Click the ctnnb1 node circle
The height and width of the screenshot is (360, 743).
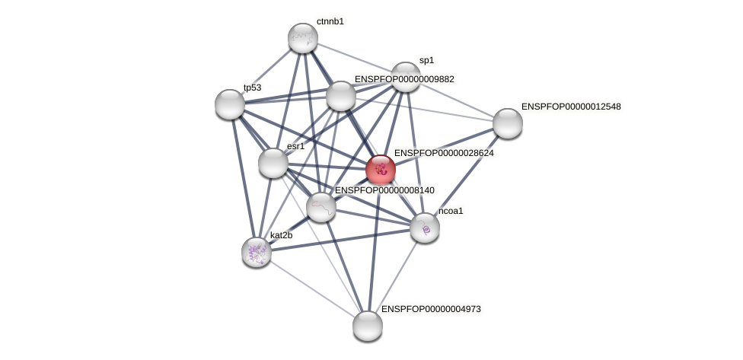click(302, 38)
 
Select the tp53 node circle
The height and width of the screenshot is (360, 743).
click(229, 104)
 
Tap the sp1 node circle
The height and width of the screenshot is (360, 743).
click(406, 77)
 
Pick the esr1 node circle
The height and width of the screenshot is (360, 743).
click(273, 163)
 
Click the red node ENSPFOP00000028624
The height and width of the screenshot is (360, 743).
click(380, 170)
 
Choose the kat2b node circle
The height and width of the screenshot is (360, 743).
click(257, 252)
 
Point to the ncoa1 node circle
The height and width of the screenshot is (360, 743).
click(424, 228)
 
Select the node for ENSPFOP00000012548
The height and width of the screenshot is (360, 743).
click(507, 123)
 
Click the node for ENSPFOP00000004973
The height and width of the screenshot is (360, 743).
click(367, 326)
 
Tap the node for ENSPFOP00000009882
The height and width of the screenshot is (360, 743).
click(340, 96)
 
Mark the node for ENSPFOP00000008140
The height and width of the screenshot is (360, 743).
click(320, 206)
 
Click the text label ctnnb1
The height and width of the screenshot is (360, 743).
click(330, 21)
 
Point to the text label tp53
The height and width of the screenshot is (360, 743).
click(252, 88)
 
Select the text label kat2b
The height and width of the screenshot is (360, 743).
click(281, 235)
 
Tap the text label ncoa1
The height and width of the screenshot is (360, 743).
click(451, 211)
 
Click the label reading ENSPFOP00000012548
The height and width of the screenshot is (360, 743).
click(571, 107)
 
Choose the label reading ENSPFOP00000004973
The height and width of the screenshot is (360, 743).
click(431, 309)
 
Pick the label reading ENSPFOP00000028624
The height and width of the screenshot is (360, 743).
click(444, 153)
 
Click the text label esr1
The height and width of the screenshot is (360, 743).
click(295, 146)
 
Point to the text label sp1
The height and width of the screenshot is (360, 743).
click(426, 60)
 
